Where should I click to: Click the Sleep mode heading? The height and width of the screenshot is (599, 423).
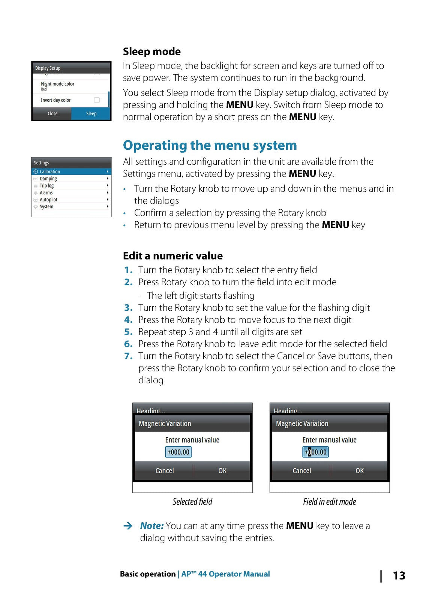(151, 52)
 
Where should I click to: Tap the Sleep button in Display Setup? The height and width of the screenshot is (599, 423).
(91, 113)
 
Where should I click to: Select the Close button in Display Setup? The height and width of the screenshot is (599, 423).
(52, 113)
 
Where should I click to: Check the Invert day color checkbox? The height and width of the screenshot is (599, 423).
(97, 100)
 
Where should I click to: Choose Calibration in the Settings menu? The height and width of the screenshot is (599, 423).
(50, 171)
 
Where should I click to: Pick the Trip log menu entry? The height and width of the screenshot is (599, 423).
(47, 186)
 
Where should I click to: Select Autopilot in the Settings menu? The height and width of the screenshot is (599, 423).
(49, 200)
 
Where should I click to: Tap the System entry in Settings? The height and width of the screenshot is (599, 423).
(46, 207)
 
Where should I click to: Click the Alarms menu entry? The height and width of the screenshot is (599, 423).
(46, 193)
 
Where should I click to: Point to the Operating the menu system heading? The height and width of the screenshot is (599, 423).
(210, 145)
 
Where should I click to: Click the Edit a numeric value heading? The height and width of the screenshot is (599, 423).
(172, 256)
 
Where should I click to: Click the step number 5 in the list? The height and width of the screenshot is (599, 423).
(128, 332)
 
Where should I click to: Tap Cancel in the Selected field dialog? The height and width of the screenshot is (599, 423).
(165, 471)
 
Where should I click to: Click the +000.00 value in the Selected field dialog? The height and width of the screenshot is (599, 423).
(178, 452)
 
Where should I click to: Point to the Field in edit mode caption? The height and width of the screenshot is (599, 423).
(329, 502)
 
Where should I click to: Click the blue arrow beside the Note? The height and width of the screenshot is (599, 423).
(128, 526)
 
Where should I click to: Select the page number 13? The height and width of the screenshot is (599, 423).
(399, 575)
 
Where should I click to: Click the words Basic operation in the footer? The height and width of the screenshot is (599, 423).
(148, 574)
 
